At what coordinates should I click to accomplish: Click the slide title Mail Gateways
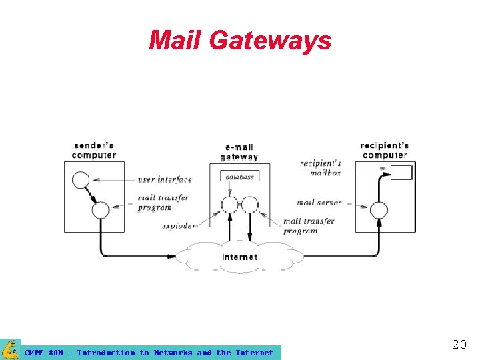tap(240, 41)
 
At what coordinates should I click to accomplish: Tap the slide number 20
tap(459, 345)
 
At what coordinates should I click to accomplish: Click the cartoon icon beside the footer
tap(10, 349)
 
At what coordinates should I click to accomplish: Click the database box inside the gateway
tap(239, 177)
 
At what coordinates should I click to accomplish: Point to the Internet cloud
tap(239, 257)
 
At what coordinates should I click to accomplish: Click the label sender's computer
tap(94, 150)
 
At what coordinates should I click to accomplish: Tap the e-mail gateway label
tap(239, 152)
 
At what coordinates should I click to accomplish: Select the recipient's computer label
tap(385, 150)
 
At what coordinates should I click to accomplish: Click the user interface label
tap(165, 179)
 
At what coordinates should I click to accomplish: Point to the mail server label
tap(319, 203)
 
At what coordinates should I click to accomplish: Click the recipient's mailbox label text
tap(321, 168)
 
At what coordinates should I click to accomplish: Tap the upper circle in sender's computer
tap(80, 179)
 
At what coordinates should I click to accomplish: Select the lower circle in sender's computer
tap(100, 210)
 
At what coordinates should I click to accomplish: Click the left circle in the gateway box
tap(229, 204)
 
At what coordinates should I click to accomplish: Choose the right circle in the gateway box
tap(249, 204)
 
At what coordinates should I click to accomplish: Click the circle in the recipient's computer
tap(379, 210)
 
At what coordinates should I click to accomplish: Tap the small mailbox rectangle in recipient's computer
tap(401, 173)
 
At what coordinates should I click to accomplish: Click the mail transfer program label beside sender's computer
tap(163, 203)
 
